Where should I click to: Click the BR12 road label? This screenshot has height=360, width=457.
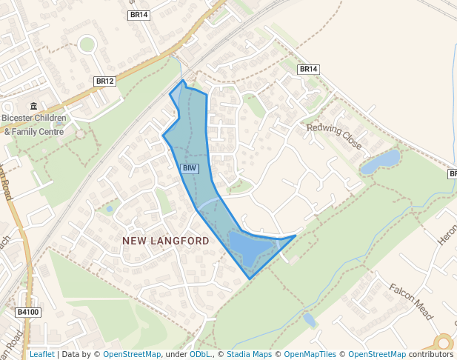pyautogui.click(x=105, y=81)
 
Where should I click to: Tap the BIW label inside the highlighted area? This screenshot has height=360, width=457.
pyautogui.click(x=190, y=168)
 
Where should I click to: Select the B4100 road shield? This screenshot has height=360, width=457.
pyautogui.click(x=28, y=313)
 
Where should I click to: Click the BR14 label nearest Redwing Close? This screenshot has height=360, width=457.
pyautogui.click(x=308, y=69)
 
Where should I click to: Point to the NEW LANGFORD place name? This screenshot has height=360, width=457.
pyautogui.click(x=166, y=241)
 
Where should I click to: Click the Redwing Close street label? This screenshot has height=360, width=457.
pyautogui.click(x=334, y=136)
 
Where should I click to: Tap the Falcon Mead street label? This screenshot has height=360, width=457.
pyautogui.click(x=410, y=302)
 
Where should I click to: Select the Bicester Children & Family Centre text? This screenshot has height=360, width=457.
pyautogui.click(x=34, y=124)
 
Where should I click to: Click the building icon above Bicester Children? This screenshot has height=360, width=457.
pyautogui.click(x=33, y=106)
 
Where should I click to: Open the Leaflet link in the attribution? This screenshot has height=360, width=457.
pyautogui.click(x=41, y=355)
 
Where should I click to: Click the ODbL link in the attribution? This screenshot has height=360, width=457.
pyautogui.click(x=199, y=355)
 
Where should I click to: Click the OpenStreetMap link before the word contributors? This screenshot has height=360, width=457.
pyautogui.click(x=377, y=355)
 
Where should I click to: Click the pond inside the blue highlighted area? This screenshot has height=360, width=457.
pyautogui.click(x=247, y=246)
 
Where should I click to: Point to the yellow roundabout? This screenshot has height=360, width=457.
pyautogui.click(x=444, y=343)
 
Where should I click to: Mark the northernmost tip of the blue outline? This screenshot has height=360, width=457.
pyautogui.click(x=183, y=80)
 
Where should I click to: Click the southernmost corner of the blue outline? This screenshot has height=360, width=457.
pyautogui.click(x=250, y=279)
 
